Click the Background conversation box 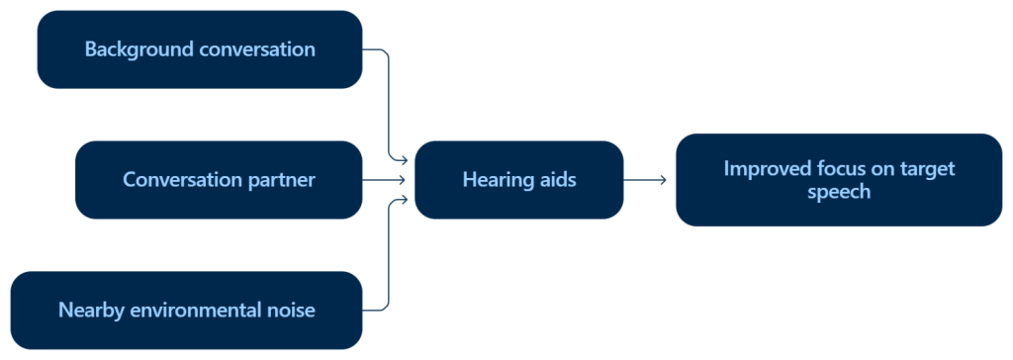click(x=200, y=49)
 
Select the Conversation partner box click(x=219, y=180)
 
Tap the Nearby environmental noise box click(x=186, y=311)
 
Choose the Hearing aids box click(x=518, y=180)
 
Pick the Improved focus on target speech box click(x=839, y=180)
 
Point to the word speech click(x=839, y=192)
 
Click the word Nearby click(x=93, y=311)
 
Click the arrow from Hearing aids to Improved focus click(x=645, y=180)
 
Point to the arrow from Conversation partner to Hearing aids click(x=385, y=180)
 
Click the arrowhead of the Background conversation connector click(x=404, y=159)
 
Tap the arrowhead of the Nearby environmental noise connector click(x=404, y=200)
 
